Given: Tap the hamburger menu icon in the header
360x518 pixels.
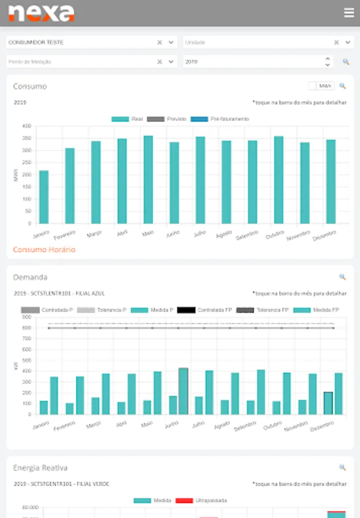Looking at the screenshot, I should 348,13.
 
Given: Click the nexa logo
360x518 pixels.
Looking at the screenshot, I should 41,13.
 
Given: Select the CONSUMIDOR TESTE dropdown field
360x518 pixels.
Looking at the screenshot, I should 81,43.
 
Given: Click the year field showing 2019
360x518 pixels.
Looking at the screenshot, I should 253,62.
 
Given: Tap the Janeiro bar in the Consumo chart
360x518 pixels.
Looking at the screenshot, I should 44,197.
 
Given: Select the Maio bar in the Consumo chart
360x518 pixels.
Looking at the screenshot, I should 148,180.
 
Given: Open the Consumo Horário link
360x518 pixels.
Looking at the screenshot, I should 44,250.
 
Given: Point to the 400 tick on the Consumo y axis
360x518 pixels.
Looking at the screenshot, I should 26,126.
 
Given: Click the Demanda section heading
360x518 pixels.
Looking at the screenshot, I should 30,277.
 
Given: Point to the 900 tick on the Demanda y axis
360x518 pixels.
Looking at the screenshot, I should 26,317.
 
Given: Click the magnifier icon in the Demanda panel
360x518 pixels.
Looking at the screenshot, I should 343,277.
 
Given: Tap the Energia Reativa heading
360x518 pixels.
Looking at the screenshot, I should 40,468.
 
